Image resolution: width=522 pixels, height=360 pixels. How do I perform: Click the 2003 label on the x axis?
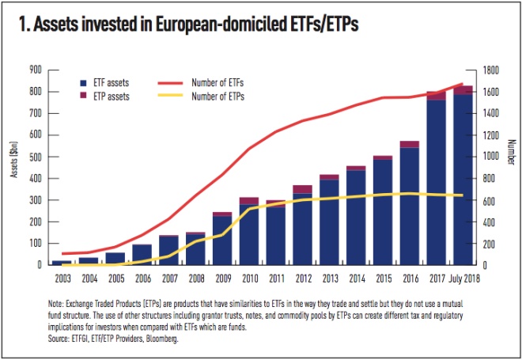(61, 277)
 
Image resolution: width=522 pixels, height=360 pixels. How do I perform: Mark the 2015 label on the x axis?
(383, 277)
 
